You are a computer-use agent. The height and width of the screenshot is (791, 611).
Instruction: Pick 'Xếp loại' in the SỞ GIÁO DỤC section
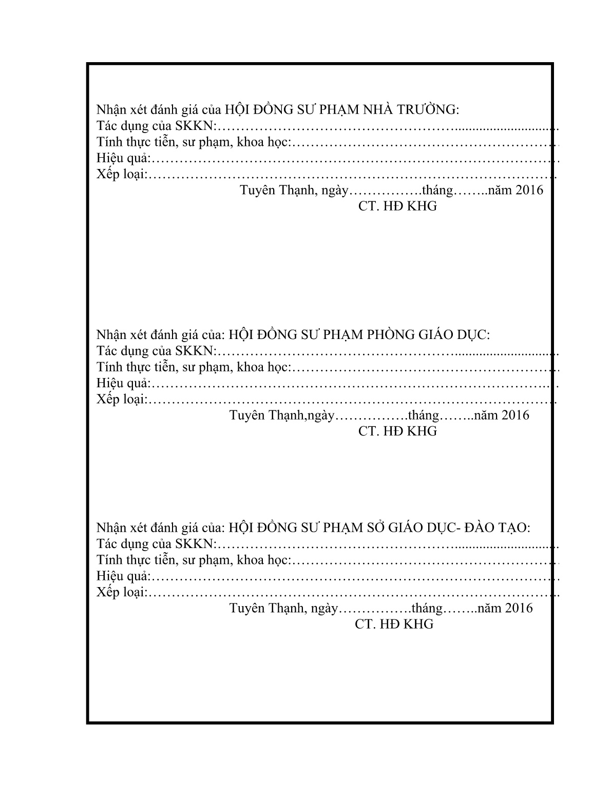pyautogui.click(x=121, y=592)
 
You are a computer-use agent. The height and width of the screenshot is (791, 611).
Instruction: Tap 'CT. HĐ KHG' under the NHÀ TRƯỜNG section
pyautogui.click(x=398, y=206)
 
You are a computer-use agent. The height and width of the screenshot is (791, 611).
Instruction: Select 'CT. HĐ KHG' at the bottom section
pyautogui.click(x=394, y=624)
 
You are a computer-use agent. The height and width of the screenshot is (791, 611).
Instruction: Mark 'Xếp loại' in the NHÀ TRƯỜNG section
pyautogui.click(x=121, y=175)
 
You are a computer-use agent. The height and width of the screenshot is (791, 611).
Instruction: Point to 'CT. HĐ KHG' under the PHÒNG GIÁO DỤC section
pyautogui.click(x=398, y=431)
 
